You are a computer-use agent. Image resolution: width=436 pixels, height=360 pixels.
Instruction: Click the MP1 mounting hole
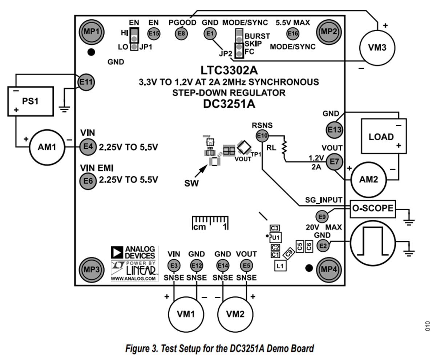click(x=92, y=32)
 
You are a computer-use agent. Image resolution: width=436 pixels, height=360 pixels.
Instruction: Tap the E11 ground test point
click(x=86, y=82)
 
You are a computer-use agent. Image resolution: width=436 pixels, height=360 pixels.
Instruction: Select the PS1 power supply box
click(x=31, y=101)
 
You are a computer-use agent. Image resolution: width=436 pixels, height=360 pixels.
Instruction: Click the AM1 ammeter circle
click(x=47, y=147)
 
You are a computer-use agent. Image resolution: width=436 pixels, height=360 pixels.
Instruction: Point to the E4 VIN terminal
click(x=88, y=147)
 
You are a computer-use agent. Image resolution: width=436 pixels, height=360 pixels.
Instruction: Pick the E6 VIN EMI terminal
click(x=88, y=181)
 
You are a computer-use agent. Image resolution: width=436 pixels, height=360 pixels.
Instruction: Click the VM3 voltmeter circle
click(x=377, y=48)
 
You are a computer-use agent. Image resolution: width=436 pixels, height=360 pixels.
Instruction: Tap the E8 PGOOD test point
click(x=181, y=33)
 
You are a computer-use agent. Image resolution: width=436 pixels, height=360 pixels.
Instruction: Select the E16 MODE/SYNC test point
click(x=292, y=33)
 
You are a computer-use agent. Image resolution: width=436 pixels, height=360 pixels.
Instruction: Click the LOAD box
click(x=384, y=136)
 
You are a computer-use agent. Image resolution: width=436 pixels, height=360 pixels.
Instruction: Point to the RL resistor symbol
click(x=284, y=148)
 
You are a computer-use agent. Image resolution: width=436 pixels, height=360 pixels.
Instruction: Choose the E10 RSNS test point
click(x=262, y=136)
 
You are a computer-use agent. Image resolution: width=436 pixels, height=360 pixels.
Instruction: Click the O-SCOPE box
click(x=373, y=209)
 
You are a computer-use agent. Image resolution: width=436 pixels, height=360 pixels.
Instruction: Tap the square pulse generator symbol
click(x=373, y=243)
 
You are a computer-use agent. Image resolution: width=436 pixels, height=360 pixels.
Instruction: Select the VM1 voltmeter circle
click(x=186, y=314)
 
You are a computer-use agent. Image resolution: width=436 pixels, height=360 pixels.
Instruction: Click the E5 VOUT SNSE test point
click(x=246, y=265)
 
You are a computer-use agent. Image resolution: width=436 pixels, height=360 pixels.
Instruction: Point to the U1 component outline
click(x=275, y=237)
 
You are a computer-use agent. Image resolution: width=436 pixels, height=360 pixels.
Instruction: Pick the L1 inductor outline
click(x=280, y=266)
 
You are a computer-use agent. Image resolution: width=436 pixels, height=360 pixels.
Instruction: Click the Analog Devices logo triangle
click(x=117, y=252)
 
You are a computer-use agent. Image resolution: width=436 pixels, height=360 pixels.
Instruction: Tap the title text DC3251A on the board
click(x=229, y=104)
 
